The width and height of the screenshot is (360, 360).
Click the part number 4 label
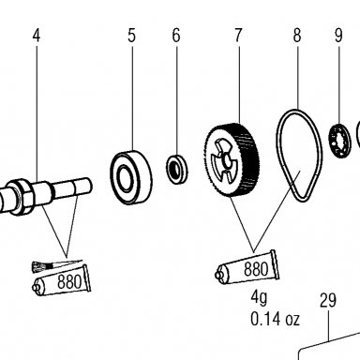tap(37, 36)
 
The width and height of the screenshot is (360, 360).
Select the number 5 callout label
tap(131, 36)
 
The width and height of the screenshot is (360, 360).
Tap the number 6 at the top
tap(176, 36)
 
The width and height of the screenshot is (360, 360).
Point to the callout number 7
tap(238, 36)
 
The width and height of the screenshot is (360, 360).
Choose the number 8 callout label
tap(297, 36)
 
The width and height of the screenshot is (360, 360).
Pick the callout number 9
tap(338, 36)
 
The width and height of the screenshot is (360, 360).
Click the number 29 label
tap(328, 301)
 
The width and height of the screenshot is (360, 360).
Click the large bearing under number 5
tap(131, 177)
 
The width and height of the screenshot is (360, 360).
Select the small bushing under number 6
tap(177, 169)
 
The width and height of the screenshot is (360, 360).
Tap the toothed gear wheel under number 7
tap(232, 159)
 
